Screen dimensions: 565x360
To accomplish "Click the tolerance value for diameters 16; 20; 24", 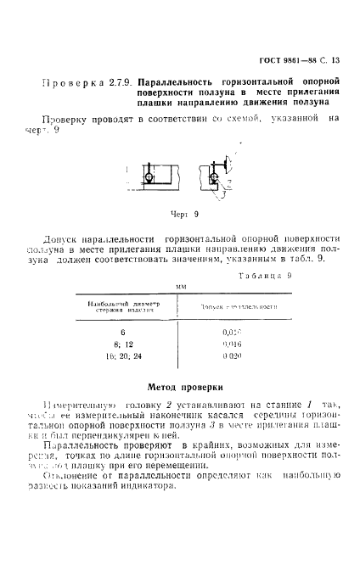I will (232, 357).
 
